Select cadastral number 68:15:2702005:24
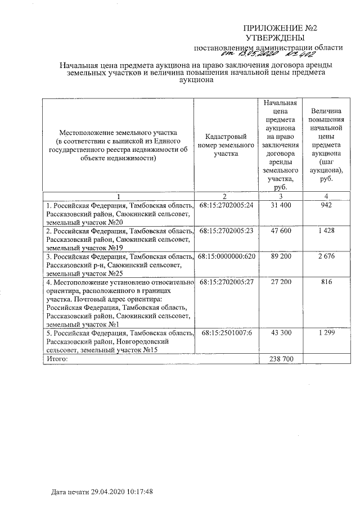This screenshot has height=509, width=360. tap(226, 205)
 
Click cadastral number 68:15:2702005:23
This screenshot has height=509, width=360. tap(226, 231)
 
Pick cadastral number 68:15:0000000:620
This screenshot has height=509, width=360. tap(226, 256)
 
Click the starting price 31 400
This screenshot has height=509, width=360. tap(280, 205)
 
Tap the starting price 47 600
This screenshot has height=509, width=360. tap(280, 231)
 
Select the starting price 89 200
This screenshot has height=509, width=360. tap(280, 256)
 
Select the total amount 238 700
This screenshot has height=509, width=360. tap(280, 359)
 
